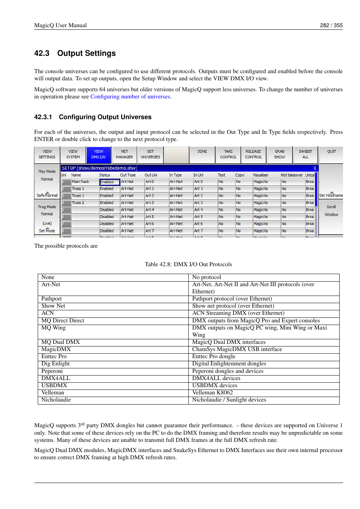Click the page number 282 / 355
pyautogui.click(x=331, y=25)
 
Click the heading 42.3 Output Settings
pyautogui.click(x=75, y=53)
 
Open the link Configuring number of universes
pyautogui.click(x=130, y=97)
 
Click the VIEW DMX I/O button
pyautogui.click(x=98, y=155)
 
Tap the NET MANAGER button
pyautogui.click(x=124, y=155)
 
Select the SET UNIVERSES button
pyautogui.click(x=150, y=155)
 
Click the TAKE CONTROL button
pyautogui.click(x=228, y=155)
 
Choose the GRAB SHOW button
pyautogui.click(x=279, y=155)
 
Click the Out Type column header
pyautogui.click(x=128, y=175)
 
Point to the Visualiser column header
pyautogui.click(x=260, y=175)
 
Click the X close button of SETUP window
pyautogui.click(x=315, y=168)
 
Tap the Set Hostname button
pyautogui.click(x=331, y=195)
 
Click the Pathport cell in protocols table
pyautogui.click(x=52, y=299)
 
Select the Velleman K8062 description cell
pyautogui.click(x=212, y=392)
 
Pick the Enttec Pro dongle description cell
pyautogui.click(x=214, y=356)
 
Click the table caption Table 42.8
pyautogui.click(x=188, y=264)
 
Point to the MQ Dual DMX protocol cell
pyautogui.click(x=61, y=342)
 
